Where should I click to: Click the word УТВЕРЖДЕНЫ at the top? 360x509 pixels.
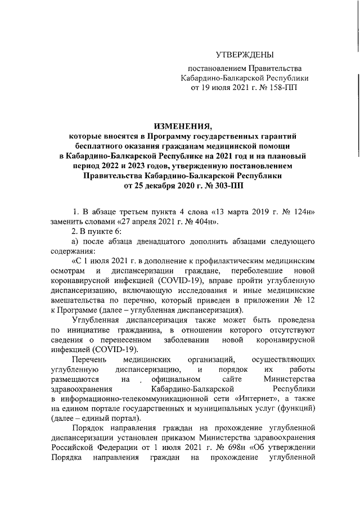(x=245, y=55)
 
